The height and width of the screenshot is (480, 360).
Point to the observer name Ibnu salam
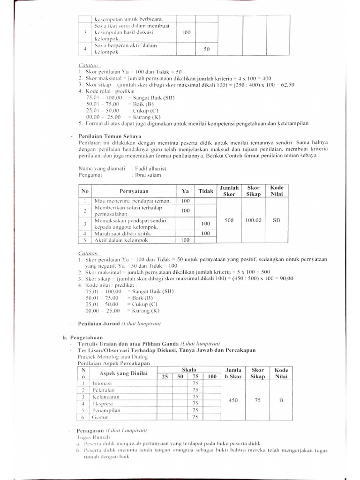148,175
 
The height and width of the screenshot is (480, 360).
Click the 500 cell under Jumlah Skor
229,220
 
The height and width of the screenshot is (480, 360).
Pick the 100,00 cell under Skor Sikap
253,220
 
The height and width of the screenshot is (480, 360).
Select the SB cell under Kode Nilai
276,220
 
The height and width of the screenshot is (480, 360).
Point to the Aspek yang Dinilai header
123,373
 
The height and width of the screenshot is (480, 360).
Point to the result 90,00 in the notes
285,278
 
